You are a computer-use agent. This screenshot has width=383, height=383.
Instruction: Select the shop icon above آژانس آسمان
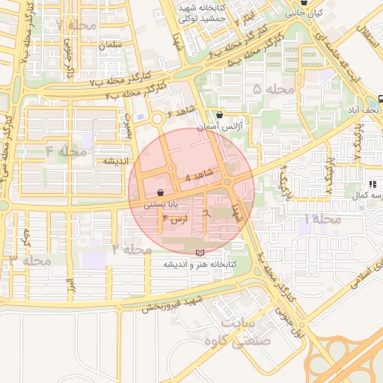coord(219,115)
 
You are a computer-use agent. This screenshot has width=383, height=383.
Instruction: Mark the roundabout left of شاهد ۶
coord(157,119)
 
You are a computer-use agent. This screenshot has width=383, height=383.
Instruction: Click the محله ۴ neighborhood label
coord(67,152)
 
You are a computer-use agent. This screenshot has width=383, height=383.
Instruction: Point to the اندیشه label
coord(116,161)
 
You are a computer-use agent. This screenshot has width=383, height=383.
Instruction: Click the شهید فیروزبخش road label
coord(178,305)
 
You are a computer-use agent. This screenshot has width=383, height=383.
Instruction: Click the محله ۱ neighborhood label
coord(322,219)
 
